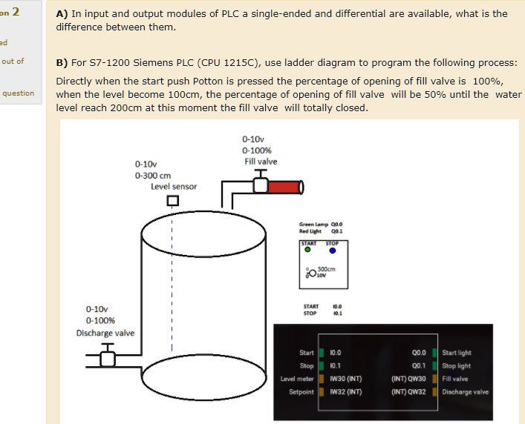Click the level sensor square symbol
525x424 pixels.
(x=172, y=200)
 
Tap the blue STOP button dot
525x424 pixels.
(x=333, y=251)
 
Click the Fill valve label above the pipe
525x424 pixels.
(x=261, y=162)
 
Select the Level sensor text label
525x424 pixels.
(x=174, y=187)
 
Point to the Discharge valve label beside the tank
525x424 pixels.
(x=105, y=333)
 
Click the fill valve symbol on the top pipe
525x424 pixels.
(x=261, y=185)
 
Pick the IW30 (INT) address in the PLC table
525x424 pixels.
(x=345, y=379)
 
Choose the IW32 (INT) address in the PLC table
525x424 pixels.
(x=345, y=391)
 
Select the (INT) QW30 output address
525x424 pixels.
(x=408, y=379)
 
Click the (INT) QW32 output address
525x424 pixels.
(x=408, y=391)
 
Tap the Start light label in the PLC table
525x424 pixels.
(x=456, y=353)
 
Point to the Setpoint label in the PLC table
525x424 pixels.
(x=301, y=391)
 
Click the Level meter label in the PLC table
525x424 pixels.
(x=297, y=379)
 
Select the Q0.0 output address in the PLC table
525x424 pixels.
(x=418, y=353)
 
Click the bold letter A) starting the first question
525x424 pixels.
(x=62, y=13)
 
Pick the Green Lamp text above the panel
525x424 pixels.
(x=311, y=224)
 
